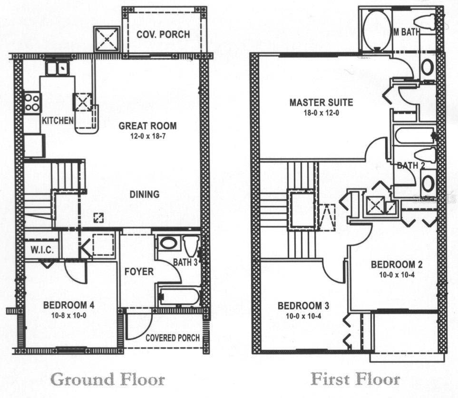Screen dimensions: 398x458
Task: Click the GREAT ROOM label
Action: point(147,126)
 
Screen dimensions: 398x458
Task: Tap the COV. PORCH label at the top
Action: point(163,34)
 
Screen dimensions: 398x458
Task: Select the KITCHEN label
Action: point(58,120)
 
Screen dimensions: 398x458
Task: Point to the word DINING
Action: point(145,194)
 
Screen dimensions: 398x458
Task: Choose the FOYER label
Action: point(139,272)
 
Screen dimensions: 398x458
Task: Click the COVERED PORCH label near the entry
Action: point(172,338)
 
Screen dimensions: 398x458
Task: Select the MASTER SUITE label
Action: point(322,102)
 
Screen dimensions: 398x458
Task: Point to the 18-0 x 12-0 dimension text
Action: point(322,113)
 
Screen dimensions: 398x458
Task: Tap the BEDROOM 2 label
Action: point(397,264)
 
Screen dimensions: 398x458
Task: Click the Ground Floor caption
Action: point(107,379)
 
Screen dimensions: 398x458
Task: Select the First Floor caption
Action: point(355,379)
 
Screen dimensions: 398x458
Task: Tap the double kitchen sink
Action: point(57,69)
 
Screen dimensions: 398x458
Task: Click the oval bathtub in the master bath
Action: point(377,30)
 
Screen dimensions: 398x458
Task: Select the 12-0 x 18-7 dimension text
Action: point(147,136)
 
